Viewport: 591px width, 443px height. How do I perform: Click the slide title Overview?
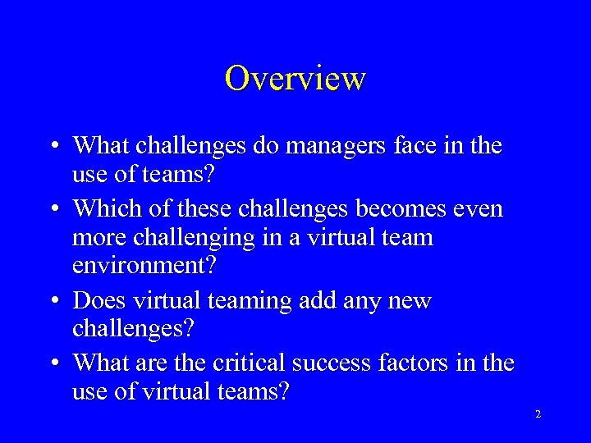tap(295, 79)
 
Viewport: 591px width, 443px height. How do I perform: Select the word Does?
tap(100, 300)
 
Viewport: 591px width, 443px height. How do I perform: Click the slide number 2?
tap(538, 415)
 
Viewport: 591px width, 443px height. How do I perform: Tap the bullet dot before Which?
tap(52, 209)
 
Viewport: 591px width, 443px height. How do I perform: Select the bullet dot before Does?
tap(52, 301)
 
